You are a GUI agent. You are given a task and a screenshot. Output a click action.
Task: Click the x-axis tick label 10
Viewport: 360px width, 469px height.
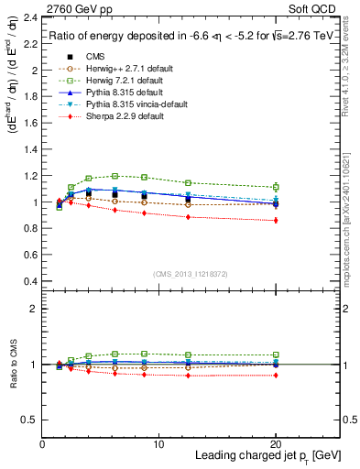pos(158,444)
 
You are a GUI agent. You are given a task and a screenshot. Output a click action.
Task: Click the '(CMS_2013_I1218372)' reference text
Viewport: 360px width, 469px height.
pos(191,275)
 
